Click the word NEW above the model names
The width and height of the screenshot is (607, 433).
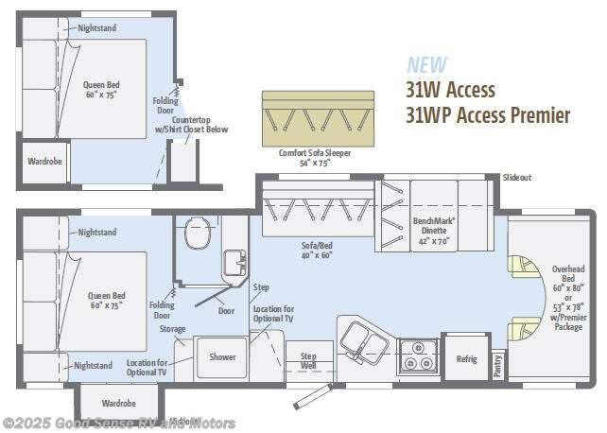426,65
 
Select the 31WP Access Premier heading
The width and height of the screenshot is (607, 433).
488,115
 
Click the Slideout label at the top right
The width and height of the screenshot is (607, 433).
517,178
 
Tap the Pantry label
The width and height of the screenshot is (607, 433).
497,366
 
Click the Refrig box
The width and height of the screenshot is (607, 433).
466,359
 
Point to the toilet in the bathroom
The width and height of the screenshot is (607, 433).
198,234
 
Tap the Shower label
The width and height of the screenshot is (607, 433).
222,357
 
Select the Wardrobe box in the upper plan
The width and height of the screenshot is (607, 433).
43,162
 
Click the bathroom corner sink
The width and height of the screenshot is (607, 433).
233,264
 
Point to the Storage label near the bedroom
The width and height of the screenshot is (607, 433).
171,329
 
